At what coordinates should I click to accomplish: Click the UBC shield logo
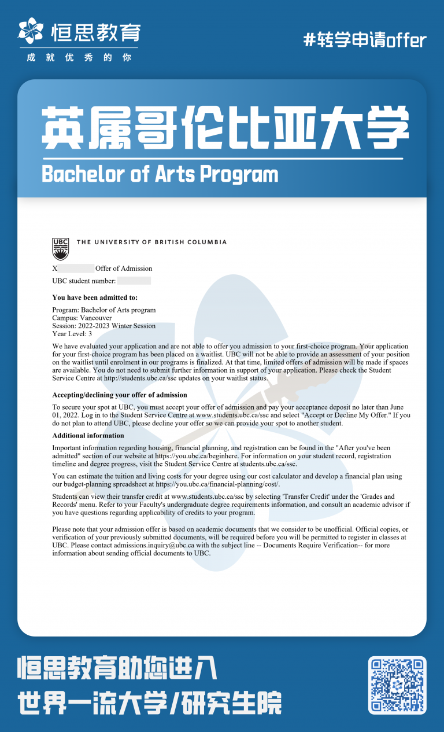coord(60,249)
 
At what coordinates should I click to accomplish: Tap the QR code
coord(397,685)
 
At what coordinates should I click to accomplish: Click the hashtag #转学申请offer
coord(365,40)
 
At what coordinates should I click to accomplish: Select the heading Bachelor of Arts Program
coord(160,174)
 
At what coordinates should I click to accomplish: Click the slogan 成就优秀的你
coord(79,58)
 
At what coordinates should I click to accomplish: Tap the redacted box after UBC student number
coord(134,281)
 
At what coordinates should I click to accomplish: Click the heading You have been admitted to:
coord(95,298)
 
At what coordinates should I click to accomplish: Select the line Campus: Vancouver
coord(82,318)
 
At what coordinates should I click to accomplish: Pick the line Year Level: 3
coord(72,334)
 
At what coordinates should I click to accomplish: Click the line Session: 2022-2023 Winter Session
coord(103,326)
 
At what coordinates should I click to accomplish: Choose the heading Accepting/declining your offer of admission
coord(120,395)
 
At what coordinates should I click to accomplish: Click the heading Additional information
coord(88,435)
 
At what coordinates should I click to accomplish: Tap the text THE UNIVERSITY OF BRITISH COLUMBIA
coord(151,242)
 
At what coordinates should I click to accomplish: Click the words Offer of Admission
coord(124,268)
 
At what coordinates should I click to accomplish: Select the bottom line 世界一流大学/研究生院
coord(150,703)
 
